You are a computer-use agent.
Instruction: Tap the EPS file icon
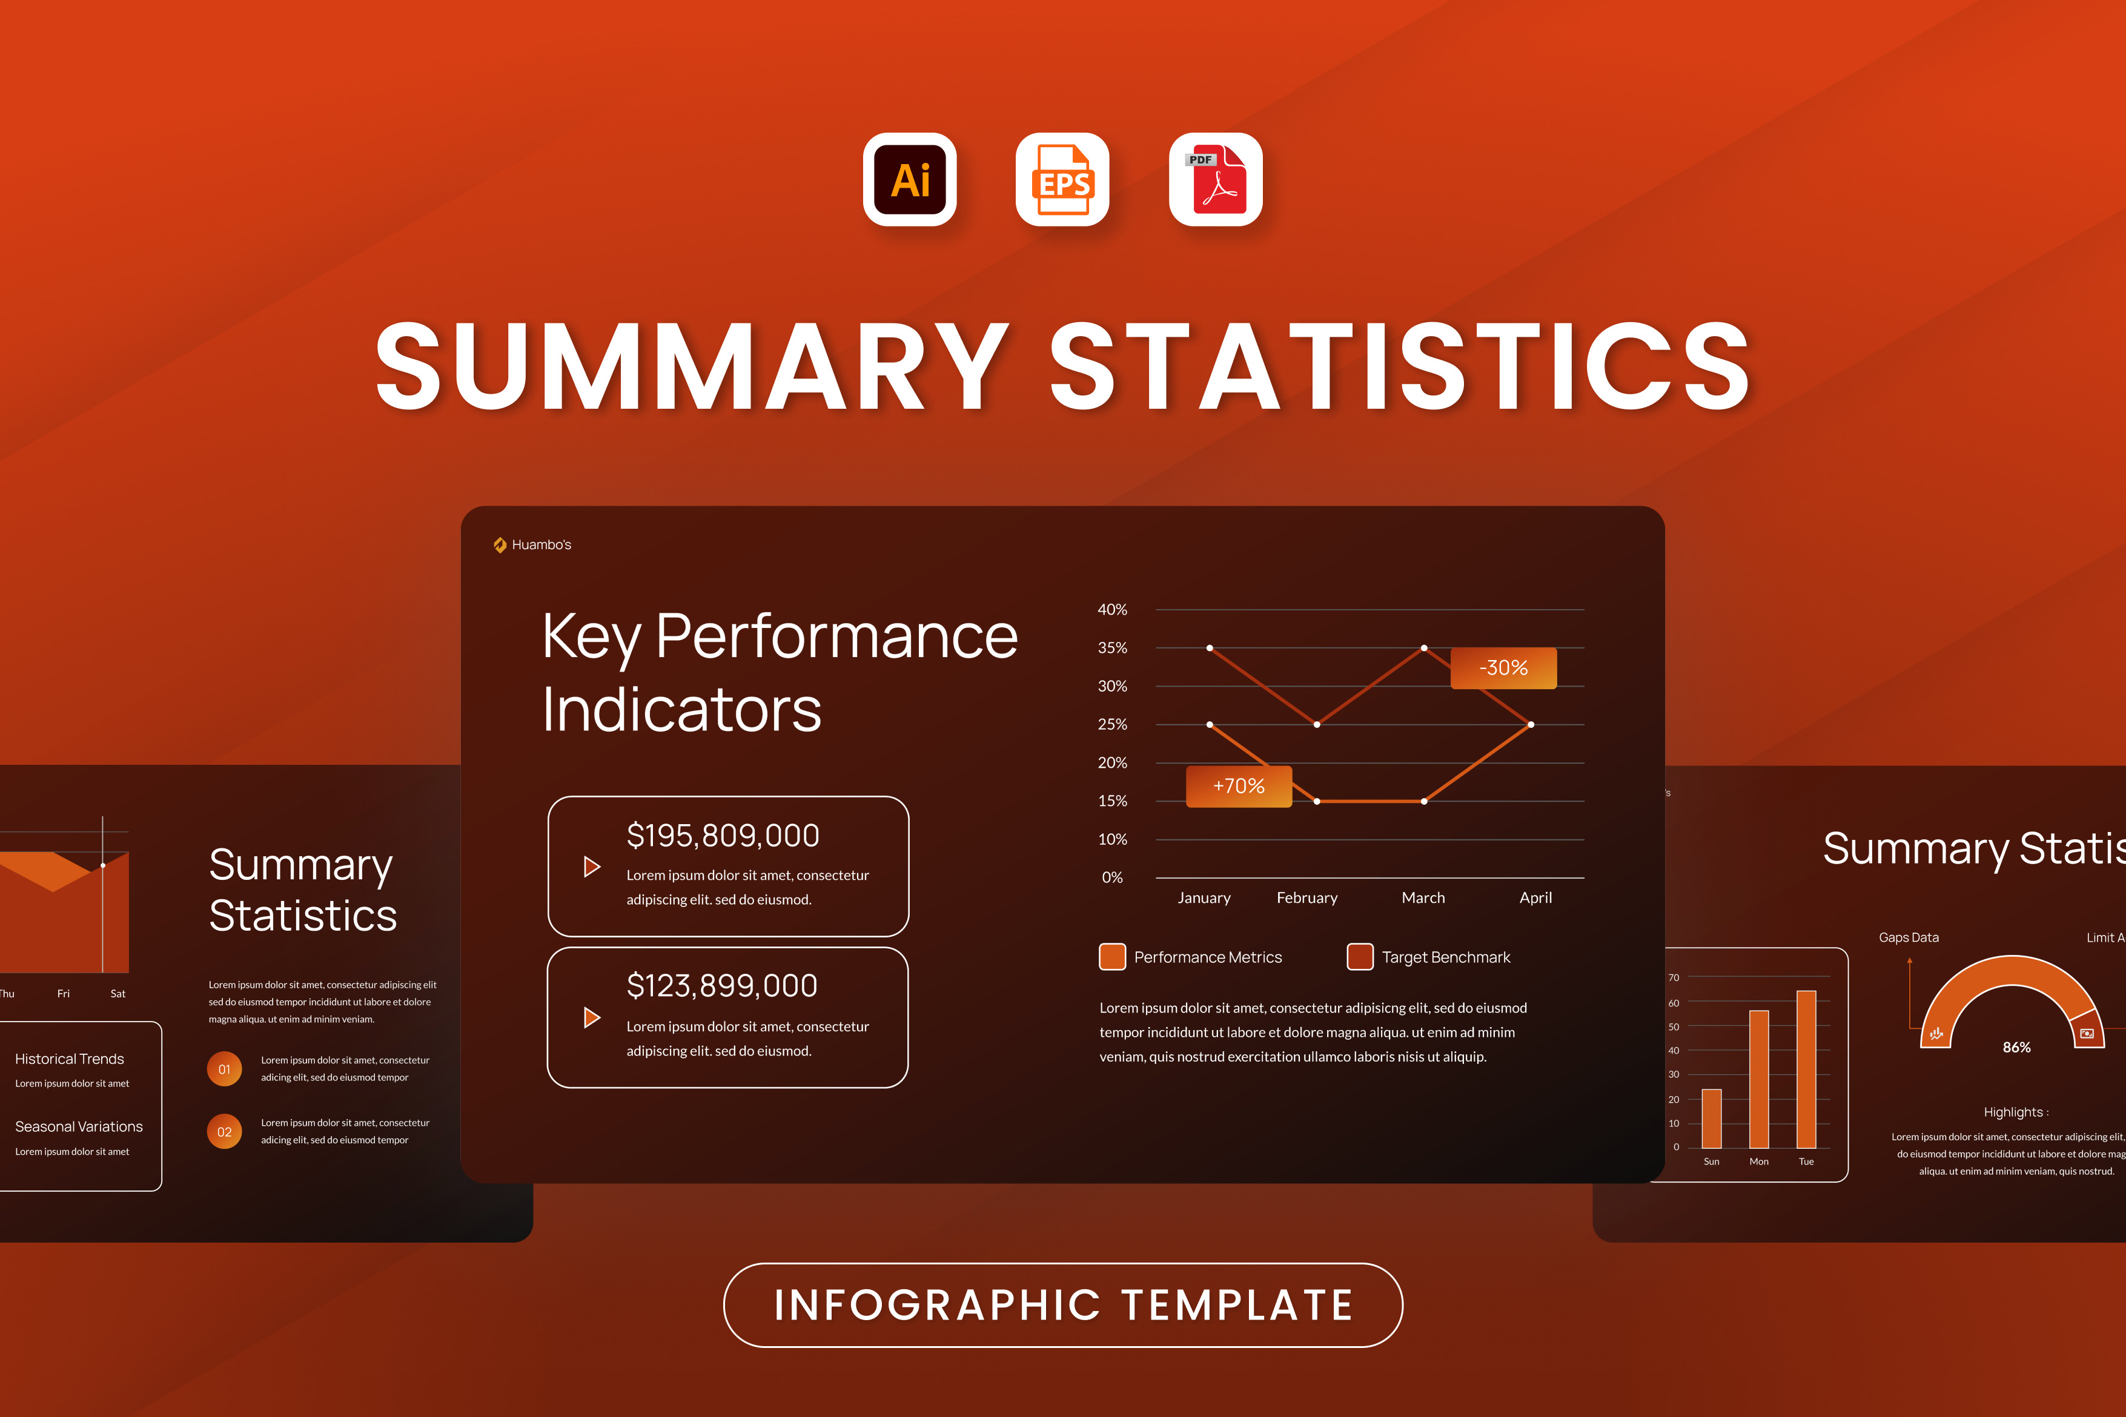[1062, 179]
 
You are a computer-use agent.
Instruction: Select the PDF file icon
[1216, 179]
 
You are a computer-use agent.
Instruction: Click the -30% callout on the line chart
[1503, 668]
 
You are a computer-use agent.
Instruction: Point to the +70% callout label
[1239, 786]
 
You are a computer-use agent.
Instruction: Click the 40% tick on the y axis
[1112, 610]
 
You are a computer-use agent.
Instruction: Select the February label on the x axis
[1307, 897]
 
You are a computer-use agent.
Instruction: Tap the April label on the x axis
[1535, 897]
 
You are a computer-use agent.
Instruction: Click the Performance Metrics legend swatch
[1112, 956]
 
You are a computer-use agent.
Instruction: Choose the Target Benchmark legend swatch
[1359, 956]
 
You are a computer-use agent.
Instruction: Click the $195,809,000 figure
[723, 835]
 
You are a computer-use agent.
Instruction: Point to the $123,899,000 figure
[722, 985]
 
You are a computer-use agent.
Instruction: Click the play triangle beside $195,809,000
[592, 867]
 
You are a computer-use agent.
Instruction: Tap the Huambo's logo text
[541, 545]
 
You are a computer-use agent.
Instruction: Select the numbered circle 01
[224, 1069]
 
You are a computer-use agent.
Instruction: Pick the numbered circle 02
[224, 1131]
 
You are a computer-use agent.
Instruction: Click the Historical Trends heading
[70, 1059]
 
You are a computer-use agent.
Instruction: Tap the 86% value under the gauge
[2016, 1048]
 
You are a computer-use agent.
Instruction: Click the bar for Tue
[1806, 1069]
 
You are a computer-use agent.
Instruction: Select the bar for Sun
[1711, 1119]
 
